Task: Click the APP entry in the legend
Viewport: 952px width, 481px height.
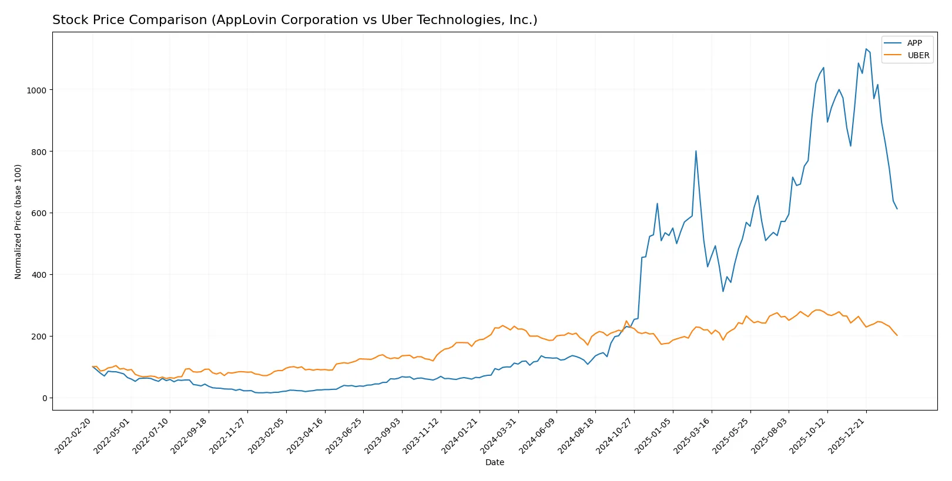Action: pos(914,43)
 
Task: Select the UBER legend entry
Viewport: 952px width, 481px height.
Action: pos(918,55)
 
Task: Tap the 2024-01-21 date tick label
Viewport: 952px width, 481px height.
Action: pos(461,435)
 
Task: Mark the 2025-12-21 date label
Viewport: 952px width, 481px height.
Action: pos(847,435)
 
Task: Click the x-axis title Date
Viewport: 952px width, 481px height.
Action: pos(494,462)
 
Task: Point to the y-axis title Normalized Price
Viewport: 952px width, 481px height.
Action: pos(18,221)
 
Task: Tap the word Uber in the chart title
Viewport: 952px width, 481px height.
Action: pos(394,20)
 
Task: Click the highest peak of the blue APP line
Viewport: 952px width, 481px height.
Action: pos(866,49)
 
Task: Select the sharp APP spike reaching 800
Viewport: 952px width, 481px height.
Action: pos(696,151)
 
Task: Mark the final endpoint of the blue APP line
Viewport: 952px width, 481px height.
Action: pos(897,208)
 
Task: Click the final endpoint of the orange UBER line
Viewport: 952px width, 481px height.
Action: pos(897,335)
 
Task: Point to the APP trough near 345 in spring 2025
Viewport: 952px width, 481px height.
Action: pos(723,291)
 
